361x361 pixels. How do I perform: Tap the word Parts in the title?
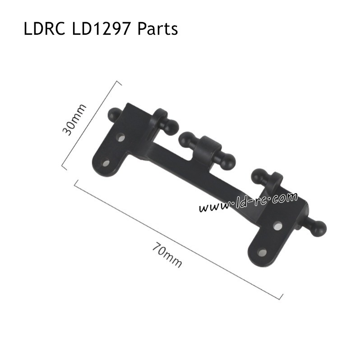pos(157,29)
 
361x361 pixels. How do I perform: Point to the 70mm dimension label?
pos(167,255)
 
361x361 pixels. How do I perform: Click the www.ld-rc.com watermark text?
pos(248,202)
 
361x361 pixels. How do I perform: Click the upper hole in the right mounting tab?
pos(277,225)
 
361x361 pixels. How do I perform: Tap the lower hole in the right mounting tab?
pos(262,252)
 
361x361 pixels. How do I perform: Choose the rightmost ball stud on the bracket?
pos(318,229)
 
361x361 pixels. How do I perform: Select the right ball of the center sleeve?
pos(228,162)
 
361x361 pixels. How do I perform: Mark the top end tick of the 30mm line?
pos(119,82)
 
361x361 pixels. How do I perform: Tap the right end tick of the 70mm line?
pos(280,296)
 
